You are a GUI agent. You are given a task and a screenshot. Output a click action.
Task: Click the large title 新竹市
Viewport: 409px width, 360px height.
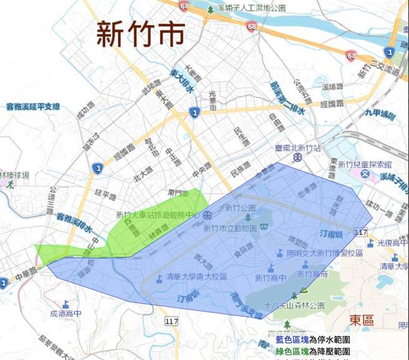point(140,34)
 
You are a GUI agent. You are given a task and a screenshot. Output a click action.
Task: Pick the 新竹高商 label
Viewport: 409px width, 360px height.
point(313,274)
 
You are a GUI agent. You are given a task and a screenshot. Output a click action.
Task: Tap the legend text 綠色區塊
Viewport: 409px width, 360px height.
point(292,352)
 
